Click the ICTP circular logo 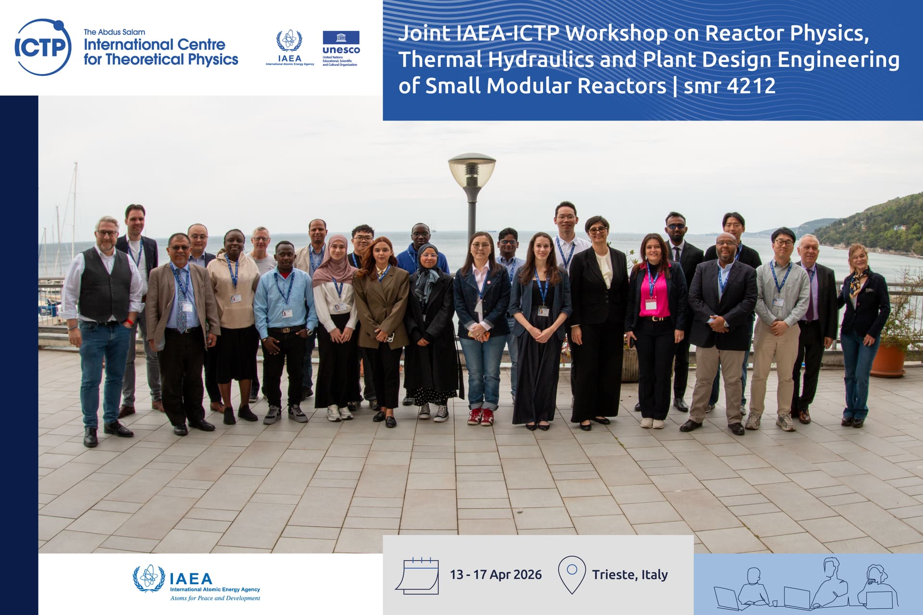pos(43,47)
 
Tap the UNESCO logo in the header pos(341,49)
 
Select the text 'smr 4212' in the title pos(729,86)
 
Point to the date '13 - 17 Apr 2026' pos(496,575)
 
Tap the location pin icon pos(572,575)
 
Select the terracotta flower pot pos(887,359)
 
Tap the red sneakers pos(481,416)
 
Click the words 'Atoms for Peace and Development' pos(215,598)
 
